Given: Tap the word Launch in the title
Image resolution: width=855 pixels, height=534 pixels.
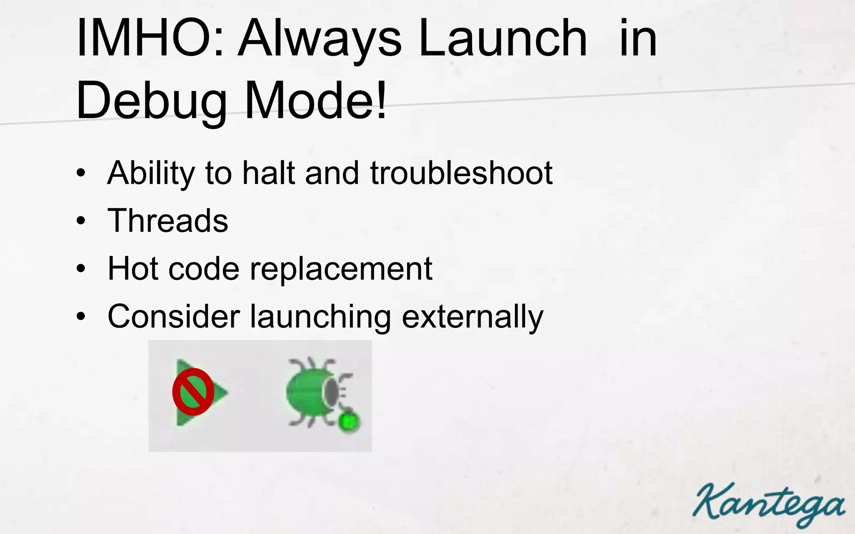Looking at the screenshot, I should point(503,38).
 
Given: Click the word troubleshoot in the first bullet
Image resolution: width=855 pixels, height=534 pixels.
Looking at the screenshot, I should point(461,173).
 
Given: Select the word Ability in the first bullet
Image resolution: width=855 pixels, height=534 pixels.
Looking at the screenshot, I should point(151,174).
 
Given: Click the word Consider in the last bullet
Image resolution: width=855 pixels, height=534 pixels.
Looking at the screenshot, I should point(174,316).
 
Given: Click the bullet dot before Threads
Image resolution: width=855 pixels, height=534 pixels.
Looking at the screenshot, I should point(81,221).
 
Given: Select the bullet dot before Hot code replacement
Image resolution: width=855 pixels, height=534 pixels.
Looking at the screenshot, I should point(81,269).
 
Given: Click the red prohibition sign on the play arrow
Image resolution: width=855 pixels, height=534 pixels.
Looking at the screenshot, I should point(193,392).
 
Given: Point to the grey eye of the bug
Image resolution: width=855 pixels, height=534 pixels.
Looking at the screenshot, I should point(331,392).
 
